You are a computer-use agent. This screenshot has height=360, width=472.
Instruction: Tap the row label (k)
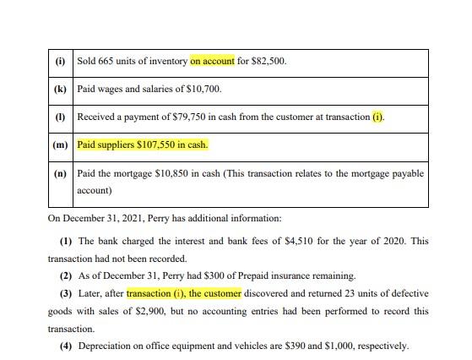click(60, 89)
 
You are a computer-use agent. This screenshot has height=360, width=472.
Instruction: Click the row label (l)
click(60, 116)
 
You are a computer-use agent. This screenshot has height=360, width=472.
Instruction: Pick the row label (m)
click(60, 145)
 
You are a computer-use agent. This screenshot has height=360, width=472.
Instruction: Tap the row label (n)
click(60, 173)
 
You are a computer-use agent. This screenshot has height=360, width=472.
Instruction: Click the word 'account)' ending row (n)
click(94, 191)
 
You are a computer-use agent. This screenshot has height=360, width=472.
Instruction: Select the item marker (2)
click(65, 276)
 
